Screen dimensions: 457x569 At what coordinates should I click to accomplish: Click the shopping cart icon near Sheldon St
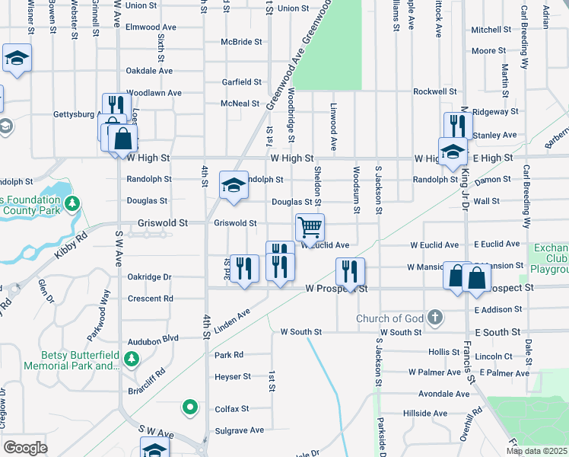[x=310, y=227]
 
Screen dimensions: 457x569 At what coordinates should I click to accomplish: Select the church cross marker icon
[x=434, y=318]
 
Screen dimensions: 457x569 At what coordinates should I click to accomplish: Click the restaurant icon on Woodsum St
[x=350, y=270]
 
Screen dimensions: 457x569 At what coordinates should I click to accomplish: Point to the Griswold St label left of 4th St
[x=162, y=223]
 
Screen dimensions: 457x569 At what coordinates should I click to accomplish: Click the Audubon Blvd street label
[x=153, y=338]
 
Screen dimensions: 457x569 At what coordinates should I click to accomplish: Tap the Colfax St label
[x=232, y=409]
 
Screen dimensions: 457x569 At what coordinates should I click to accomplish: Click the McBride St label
[x=242, y=43]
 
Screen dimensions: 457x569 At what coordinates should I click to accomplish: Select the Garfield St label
[x=241, y=82]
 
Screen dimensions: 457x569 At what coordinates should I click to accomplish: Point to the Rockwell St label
[x=434, y=91]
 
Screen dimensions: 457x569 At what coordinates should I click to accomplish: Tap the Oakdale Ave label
[x=149, y=71]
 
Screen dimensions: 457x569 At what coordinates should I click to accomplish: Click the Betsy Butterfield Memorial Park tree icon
[x=133, y=358]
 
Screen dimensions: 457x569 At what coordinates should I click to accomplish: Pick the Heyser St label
[x=232, y=377]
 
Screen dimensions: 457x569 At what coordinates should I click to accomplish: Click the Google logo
[x=25, y=447]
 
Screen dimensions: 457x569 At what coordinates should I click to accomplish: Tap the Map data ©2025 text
[x=536, y=451]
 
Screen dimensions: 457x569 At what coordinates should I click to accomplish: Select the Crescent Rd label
[x=151, y=299]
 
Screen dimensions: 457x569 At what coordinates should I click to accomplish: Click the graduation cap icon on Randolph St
[x=234, y=184]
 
